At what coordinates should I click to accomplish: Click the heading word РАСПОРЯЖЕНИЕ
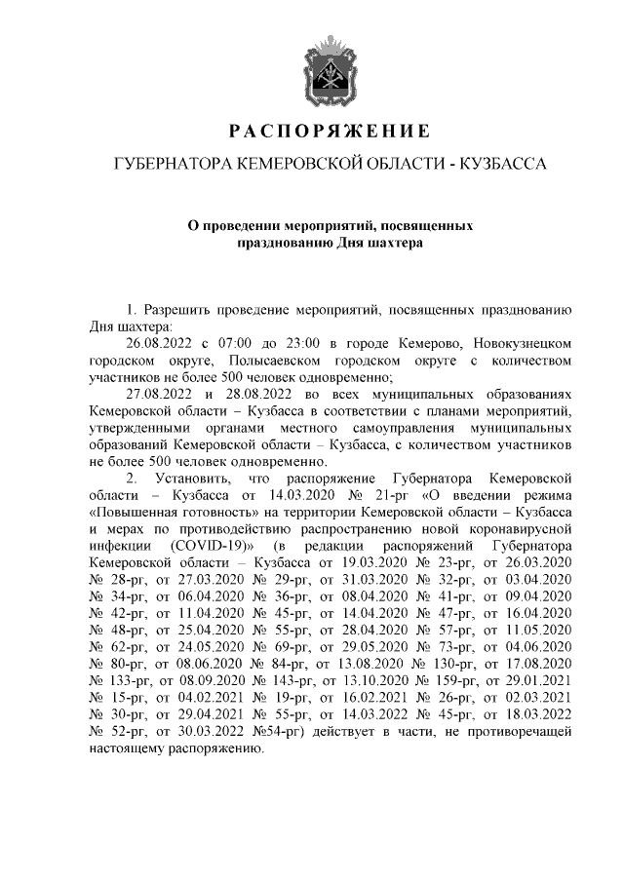point(329,131)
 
